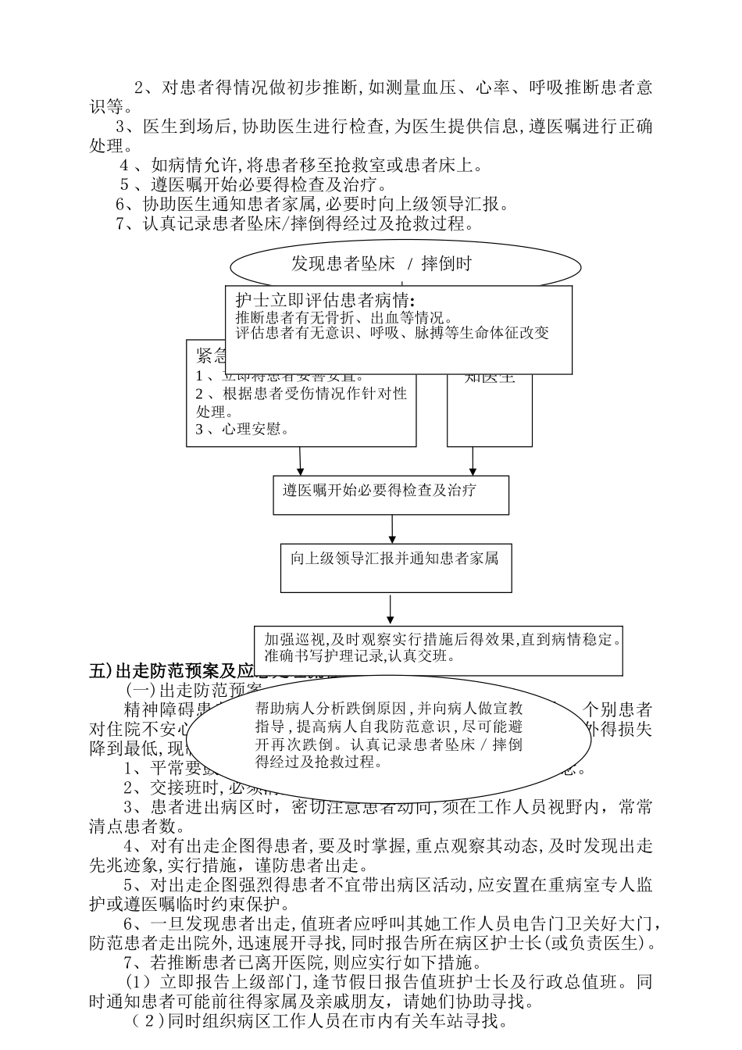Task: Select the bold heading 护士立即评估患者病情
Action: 325,300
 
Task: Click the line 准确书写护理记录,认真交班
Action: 359,655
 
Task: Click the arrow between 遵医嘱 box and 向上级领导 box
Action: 392,529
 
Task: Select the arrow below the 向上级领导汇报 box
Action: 390,609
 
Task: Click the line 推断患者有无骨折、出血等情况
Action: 344,318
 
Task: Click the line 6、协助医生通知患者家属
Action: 312,205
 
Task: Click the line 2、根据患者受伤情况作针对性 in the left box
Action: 301,393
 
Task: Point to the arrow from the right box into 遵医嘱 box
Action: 473,461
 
